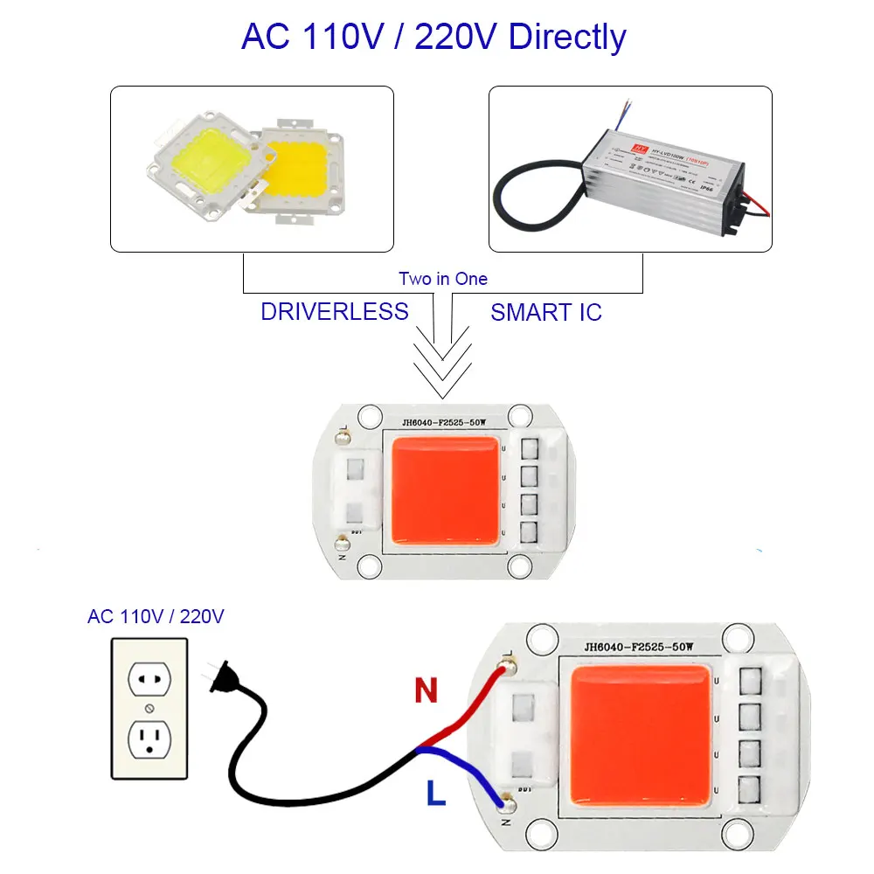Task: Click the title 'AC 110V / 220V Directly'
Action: (434, 38)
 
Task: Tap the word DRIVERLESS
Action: (334, 311)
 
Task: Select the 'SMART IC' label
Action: (546, 312)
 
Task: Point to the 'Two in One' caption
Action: (443, 279)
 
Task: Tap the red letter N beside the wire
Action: (426, 692)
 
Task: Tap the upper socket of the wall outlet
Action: (149, 676)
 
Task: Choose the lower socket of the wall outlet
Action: (149, 738)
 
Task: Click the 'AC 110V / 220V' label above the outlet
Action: (156, 616)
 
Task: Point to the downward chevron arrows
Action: (442, 358)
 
